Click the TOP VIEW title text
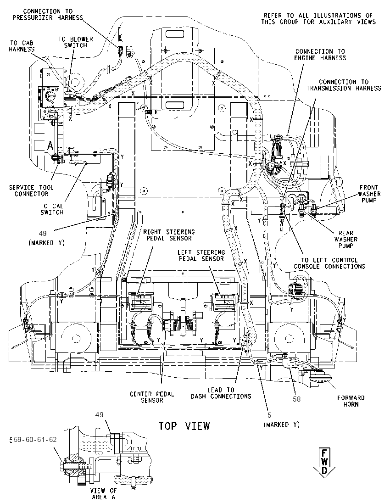coord(184,426)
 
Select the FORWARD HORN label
coord(351,401)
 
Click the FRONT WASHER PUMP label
coord(369,194)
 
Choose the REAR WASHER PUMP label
coord(346,239)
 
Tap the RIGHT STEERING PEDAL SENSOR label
coord(169,235)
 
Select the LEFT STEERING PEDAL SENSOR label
coord(201,255)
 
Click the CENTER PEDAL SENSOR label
coord(152,397)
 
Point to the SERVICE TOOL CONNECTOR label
coord(32,190)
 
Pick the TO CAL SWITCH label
coord(52,209)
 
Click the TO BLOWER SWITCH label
coord(76,42)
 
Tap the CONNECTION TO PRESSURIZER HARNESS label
coord(48,14)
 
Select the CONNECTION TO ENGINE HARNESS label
coord(320,55)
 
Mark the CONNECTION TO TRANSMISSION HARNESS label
coord(344,85)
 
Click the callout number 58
coord(297,399)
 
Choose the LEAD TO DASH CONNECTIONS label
coord(221,393)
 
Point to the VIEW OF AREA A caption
coord(103,493)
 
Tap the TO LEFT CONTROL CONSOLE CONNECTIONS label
coord(329,263)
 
